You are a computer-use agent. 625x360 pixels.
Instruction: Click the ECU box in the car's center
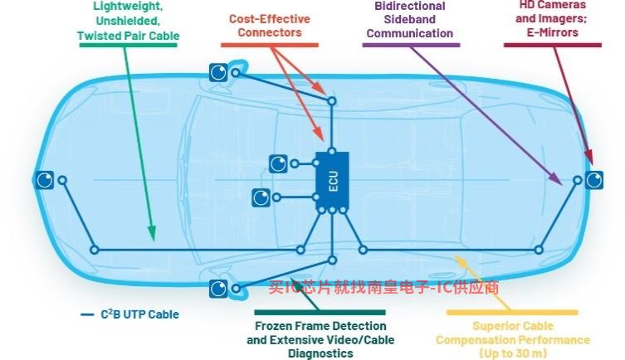[x=332, y=181]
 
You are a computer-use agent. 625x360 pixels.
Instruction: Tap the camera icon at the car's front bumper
[x=44, y=180]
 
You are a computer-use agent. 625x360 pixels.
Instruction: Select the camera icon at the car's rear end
[x=594, y=180]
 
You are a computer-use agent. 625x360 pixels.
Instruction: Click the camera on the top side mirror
[x=218, y=72]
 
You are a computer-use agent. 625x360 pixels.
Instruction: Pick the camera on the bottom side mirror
[x=218, y=289]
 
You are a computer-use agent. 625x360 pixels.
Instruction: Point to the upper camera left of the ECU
[x=278, y=163]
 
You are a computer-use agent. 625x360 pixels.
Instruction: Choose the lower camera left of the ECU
[x=261, y=197]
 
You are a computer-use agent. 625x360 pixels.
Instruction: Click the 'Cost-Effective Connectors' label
[x=270, y=26]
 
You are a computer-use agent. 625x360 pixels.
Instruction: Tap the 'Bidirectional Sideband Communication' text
[x=410, y=20]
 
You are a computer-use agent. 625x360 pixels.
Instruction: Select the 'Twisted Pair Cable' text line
[x=129, y=36]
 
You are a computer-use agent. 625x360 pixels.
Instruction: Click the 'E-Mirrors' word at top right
[x=553, y=32]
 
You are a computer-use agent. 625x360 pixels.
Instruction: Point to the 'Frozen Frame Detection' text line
[x=320, y=326]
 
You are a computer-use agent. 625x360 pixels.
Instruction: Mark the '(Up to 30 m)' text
[x=513, y=353]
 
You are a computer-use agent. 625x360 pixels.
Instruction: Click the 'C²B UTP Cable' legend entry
[x=130, y=314]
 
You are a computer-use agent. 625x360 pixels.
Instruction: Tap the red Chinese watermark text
[x=383, y=287]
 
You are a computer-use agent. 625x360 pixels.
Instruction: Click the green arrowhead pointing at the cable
[x=152, y=233]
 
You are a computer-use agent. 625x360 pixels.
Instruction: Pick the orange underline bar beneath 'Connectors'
[x=270, y=45]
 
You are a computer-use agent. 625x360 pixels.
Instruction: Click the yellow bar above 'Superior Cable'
[x=512, y=313]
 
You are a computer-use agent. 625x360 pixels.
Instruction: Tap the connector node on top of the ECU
[x=332, y=152]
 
